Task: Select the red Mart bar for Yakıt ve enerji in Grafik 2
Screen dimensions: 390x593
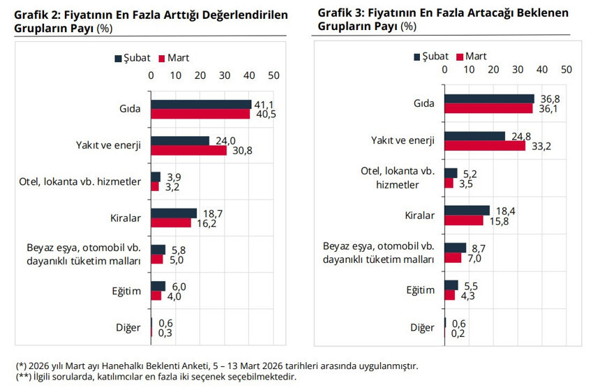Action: coord(188,150)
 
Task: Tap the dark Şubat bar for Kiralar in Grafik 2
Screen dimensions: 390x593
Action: coord(174,213)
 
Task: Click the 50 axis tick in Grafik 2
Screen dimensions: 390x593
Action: coord(273,75)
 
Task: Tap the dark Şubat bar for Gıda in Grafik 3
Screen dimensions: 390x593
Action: coord(489,99)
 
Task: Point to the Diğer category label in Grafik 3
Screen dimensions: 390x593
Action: coord(422,327)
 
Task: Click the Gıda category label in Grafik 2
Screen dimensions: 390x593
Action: coord(130,110)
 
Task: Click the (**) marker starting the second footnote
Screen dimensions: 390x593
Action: coord(23,377)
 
